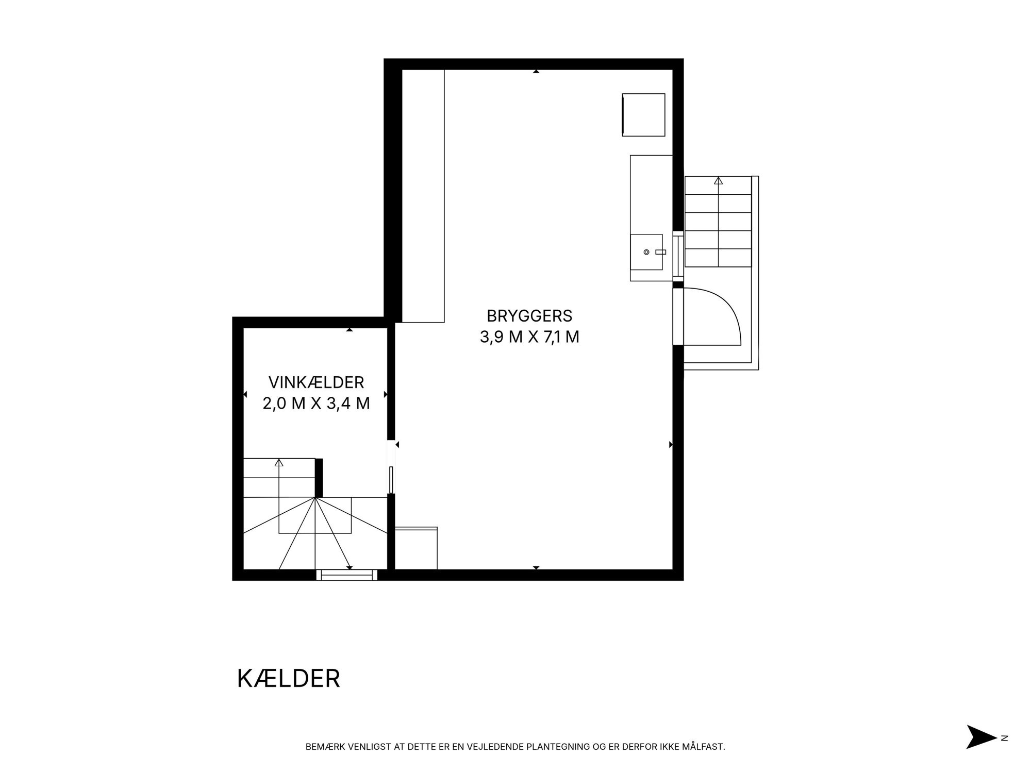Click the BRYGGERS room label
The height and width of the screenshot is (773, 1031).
(529, 315)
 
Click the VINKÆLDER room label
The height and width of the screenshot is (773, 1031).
(316, 382)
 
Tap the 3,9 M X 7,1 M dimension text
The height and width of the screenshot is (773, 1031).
(529, 337)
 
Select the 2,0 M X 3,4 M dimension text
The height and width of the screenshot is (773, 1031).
(316, 403)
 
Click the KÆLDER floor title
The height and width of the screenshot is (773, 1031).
(289, 679)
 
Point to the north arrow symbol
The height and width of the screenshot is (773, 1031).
(981, 751)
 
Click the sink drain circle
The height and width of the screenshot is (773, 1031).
(646, 252)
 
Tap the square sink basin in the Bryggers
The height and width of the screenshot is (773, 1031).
(646, 252)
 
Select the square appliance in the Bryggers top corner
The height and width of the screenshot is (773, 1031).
(643, 115)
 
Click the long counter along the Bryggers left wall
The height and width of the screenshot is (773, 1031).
(423, 196)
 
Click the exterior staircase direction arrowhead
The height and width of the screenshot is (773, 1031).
(718, 180)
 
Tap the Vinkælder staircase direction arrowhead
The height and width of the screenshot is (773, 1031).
(279, 462)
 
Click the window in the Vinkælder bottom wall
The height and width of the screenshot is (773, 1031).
(347, 575)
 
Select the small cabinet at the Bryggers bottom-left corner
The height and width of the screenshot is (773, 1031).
(416, 548)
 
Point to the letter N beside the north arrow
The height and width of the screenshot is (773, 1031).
(1004, 752)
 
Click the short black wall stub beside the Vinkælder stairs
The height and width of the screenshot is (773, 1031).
(319, 478)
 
